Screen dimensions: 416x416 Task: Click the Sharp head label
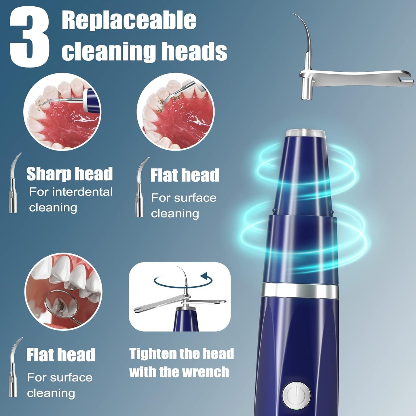[69, 174]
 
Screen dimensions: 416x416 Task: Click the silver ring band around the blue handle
[300, 291]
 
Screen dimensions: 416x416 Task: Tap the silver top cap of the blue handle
[306, 133]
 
